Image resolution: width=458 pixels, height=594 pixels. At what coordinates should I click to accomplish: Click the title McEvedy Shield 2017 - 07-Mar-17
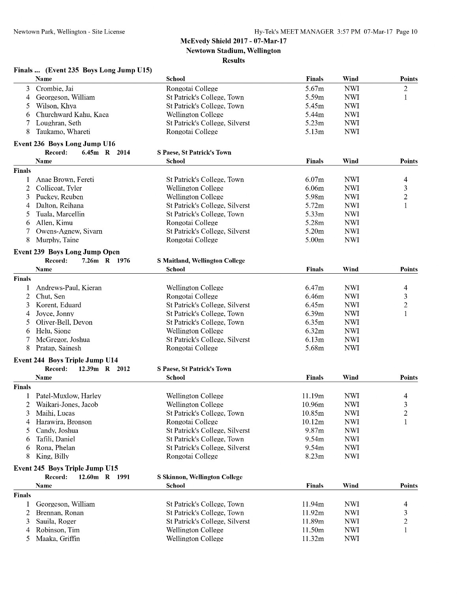click(233, 41)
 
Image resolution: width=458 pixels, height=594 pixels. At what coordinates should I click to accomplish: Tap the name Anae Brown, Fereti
click(65, 180)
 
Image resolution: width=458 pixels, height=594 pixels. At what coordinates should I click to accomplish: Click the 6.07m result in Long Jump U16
click(314, 180)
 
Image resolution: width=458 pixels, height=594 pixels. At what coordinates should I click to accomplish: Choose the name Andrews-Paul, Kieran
click(69, 288)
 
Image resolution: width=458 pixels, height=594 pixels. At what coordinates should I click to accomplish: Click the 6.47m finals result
click(314, 288)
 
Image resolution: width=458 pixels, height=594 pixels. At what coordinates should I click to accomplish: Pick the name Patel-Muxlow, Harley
click(68, 396)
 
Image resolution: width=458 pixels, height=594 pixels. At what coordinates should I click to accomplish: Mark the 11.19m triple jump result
click(313, 396)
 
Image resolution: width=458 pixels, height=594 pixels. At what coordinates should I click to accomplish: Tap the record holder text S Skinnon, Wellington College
click(200, 477)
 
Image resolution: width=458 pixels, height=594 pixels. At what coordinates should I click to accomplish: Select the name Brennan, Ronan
click(60, 513)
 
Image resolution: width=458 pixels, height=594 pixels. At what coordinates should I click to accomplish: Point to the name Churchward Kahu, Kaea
click(72, 115)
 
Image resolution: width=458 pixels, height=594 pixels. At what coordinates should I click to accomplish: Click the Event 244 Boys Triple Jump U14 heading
click(66, 360)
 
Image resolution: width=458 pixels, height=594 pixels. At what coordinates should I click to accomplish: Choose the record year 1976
click(123, 261)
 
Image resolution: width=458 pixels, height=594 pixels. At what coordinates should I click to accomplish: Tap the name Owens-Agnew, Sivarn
click(69, 231)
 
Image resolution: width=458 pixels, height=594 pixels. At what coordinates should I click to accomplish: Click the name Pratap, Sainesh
click(58, 348)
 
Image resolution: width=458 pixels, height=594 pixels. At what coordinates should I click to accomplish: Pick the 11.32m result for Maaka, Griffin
click(313, 539)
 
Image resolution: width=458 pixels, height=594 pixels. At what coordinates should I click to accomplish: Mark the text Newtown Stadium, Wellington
click(233, 51)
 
